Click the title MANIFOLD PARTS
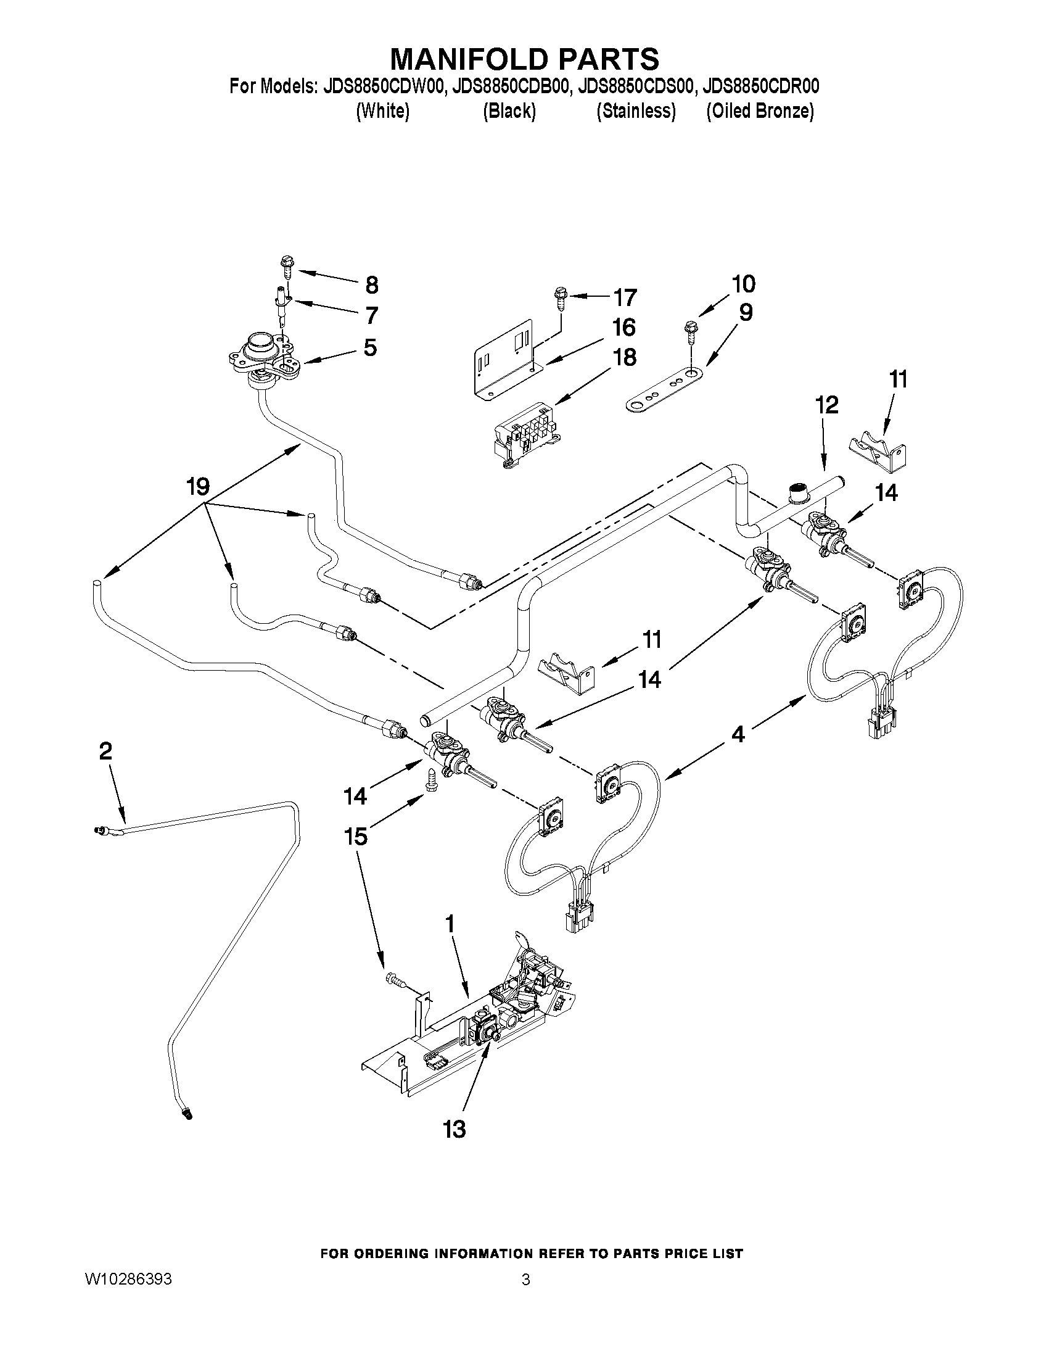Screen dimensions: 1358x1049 pyautogui.click(x=524, y=59)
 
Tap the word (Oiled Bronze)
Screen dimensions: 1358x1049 pyautogui.click(x=759, y=111)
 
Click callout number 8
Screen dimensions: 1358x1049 pyautogui.click(x=371, y=286)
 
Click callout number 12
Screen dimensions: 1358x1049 pyautogui.click(x=828, y=405)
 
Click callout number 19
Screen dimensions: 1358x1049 pyautogui.click(x=198, y=486)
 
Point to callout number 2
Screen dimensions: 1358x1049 pyautogui.click(x=105, y=751)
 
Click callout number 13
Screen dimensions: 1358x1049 pyautogui.click(x=455, y=1129)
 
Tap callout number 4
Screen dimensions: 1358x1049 pyautogui.click(x=737, y=734)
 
